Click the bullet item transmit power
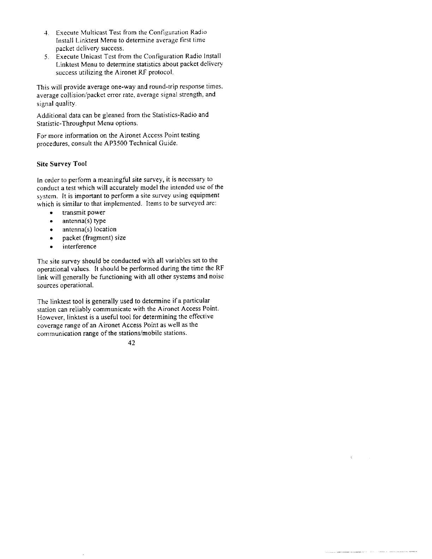(x=84, y=212)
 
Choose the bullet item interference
(x=79, y=246)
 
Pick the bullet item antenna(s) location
(x=89, y=229)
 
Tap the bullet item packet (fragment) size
(x=94, y=238)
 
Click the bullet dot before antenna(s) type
(x=52, y=221)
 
